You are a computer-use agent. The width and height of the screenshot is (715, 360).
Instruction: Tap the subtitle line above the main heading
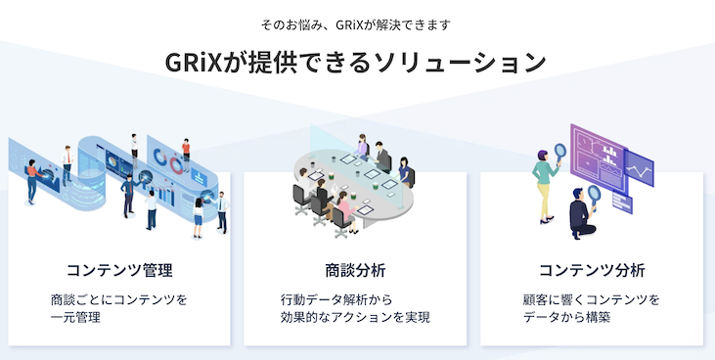[x=357, y=22]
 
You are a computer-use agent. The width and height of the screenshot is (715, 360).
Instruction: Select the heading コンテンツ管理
[x=119, y=269]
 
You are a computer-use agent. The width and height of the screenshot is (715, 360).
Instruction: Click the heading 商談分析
[x=356, y=269]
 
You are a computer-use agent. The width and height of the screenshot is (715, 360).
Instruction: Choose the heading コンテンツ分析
[x=592, y=269]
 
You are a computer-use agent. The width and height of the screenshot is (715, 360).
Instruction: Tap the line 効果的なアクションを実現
[x=355, y=318]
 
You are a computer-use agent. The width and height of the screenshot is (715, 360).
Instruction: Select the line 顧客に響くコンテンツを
[x=592, y=298]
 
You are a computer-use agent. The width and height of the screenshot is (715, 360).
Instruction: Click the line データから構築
[x=567, y=318]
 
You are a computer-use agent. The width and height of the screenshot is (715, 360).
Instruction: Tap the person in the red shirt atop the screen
[x=186, y=148]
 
